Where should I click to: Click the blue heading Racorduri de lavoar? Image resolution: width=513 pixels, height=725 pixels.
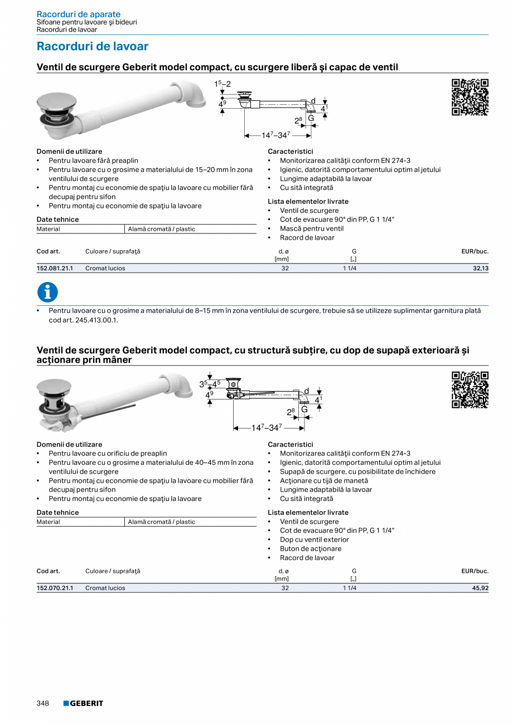93,46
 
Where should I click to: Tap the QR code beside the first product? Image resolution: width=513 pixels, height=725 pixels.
470,98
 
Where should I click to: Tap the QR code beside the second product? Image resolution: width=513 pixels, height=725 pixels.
470,390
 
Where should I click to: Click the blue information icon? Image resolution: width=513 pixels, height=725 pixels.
47,293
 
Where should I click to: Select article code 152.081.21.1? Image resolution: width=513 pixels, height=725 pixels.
55,268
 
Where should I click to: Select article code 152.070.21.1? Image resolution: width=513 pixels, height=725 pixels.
55,588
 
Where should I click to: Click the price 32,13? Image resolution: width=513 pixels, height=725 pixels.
480,268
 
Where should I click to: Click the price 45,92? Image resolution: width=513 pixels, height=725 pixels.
480,588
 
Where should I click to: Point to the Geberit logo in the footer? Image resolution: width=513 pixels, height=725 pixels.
83,703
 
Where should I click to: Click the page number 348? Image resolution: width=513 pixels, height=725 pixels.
43,703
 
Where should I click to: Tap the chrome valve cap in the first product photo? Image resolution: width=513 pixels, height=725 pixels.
56,104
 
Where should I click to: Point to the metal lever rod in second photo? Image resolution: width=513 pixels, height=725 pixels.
114,411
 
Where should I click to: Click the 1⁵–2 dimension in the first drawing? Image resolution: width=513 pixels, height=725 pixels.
222,84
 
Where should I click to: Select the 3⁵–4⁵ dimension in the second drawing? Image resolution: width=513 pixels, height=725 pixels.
210,384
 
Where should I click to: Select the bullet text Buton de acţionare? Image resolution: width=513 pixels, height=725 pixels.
311,548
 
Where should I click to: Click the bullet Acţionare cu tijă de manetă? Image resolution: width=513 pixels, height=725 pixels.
324,480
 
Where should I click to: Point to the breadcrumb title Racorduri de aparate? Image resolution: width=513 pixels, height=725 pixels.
78,14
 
